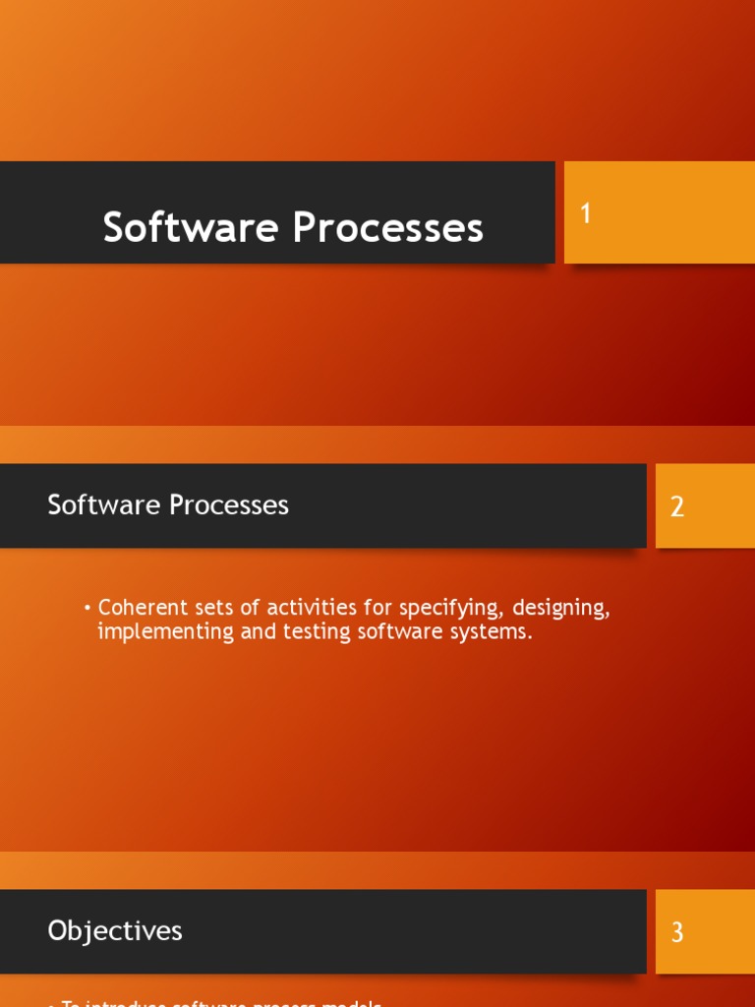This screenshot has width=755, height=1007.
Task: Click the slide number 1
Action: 586,213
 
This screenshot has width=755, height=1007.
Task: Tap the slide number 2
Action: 677,507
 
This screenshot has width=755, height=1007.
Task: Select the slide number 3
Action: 677,932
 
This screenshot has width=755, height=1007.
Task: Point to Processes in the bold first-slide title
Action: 388,228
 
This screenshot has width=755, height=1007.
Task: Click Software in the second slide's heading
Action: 105,505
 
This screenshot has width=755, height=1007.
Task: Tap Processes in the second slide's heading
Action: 229,505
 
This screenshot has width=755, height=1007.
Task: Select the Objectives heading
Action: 115,930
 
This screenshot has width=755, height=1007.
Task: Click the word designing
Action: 560,609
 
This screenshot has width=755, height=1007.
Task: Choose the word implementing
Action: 166,632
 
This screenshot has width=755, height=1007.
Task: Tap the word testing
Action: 317,632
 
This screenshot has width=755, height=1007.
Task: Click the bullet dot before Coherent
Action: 87,609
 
